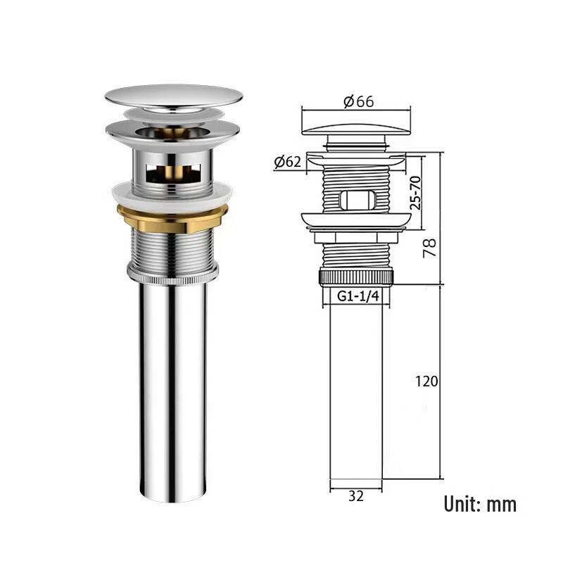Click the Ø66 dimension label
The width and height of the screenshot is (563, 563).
[x=358, y=101]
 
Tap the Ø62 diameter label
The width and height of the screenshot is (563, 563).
[x=287, y=162]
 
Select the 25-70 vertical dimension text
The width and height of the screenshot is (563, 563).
[x=415, y=193]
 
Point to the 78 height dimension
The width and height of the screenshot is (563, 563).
[x=429, y=248]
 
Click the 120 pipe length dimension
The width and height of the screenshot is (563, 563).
[x=426, y=381]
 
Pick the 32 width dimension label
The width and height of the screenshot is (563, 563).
[x=356, y=496]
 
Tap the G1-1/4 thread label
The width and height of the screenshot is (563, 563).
[x=358, y=296]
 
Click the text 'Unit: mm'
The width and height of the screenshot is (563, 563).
[x=480, y=504]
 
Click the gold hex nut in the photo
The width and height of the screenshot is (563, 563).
[x=172, y=218]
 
